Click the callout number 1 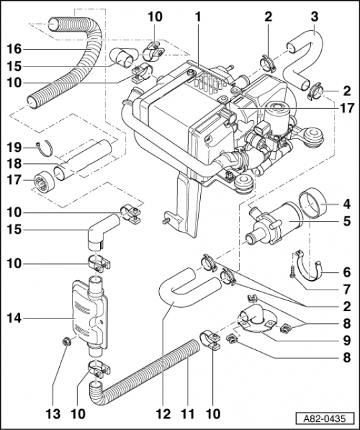tap(198, 15)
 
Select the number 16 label tap(15, 48)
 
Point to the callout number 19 tap(15, 146)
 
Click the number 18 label tap(15, 163)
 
